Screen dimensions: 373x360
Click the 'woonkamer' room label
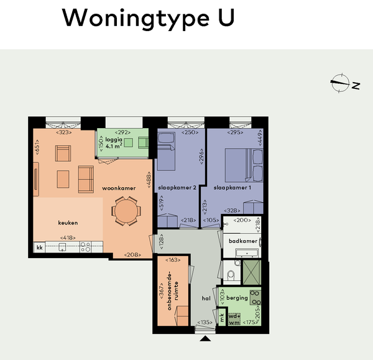point(119,188)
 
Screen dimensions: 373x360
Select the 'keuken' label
point(68,223)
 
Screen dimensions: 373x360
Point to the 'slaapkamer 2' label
point(177,188)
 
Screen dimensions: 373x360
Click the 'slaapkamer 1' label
point(232,188)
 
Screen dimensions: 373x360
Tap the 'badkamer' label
point(243,241)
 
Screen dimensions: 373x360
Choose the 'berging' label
point(237,298)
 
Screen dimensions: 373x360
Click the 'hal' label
point(206,298)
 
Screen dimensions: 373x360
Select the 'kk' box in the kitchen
point(40,247)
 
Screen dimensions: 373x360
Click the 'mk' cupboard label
point(222,317)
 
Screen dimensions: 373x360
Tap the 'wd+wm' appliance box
point(234,320)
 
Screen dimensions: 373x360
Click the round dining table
point(126,211)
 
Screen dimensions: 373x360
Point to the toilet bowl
point(231,276)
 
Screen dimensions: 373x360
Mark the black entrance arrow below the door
point(205,339)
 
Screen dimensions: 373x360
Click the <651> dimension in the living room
point(37,147)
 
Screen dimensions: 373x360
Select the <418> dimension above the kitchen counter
point(68,238)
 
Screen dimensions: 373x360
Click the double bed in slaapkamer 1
point(244,165)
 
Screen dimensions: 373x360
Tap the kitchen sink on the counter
point(62,247)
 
